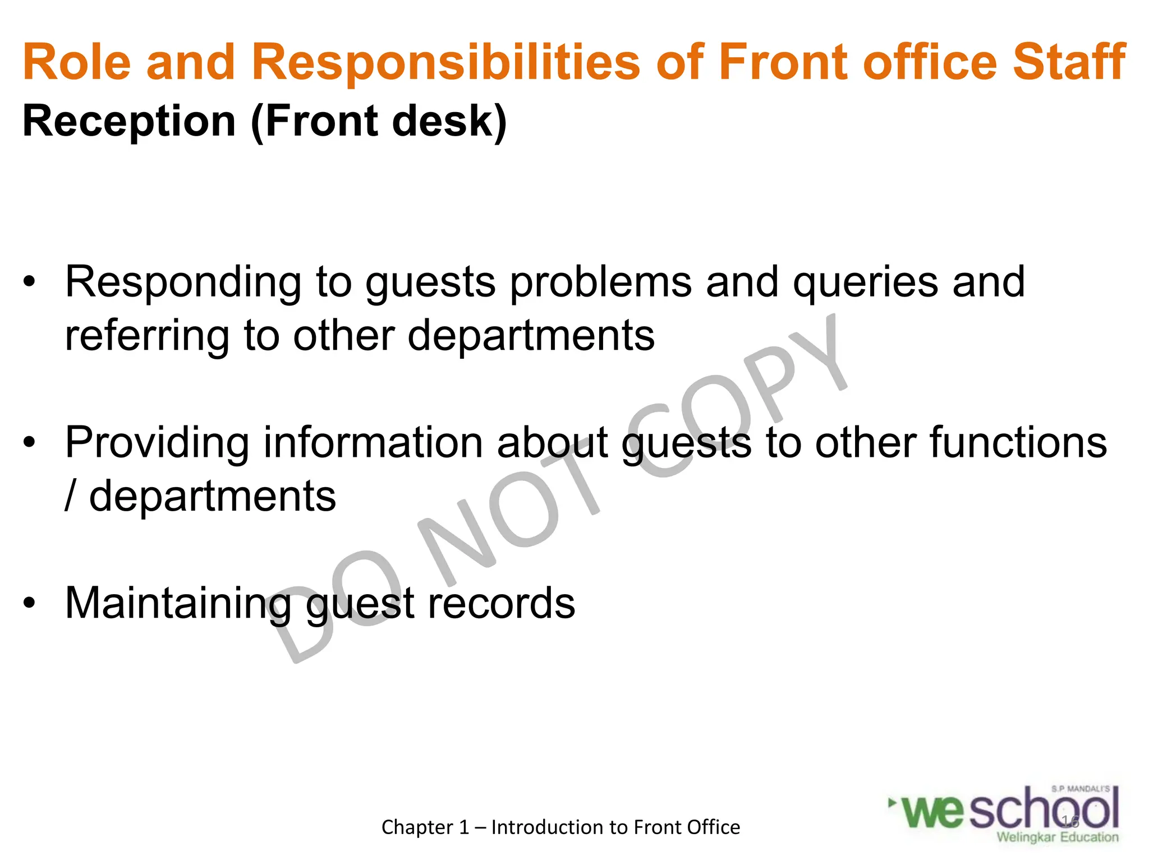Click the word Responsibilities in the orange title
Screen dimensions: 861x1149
click(446, 63)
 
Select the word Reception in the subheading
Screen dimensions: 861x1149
click(129, 122)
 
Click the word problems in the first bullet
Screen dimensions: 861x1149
click(601, 283)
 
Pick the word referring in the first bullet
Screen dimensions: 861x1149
click(147, 336)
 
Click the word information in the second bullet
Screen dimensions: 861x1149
click(373, 442)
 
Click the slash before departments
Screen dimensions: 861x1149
click(70, 496)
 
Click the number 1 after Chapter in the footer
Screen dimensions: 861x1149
click(463, 827)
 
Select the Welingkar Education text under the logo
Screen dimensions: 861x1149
click(1057, 837)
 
